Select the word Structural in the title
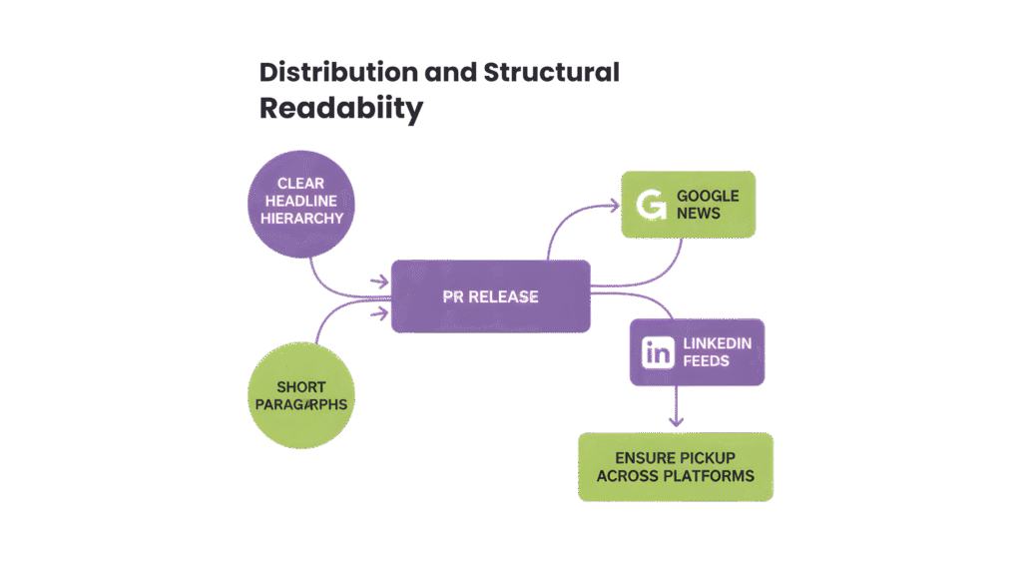[x=551, y=73]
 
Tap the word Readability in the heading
[x=340, y=109]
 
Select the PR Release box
[x=490, y=295]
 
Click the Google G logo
[x=651, y=205]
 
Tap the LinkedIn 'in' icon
[x=659, y=352]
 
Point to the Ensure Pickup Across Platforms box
[x=676, y=466]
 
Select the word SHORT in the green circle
[x=300, y=386]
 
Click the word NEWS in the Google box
[x=698, y=213]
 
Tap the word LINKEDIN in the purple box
[x=717, y=343]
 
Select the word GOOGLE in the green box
[x=708, y=196]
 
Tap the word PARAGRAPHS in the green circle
[x=300, y=404]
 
